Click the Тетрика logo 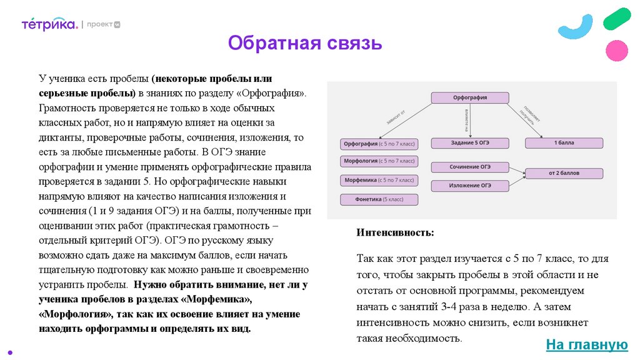click(49, 24)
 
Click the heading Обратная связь click(304, 44)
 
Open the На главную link click(586, 344)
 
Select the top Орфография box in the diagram click(469, 97)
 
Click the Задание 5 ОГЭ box click(470, 143)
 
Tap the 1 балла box click(564, 143)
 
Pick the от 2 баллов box click(564, 172)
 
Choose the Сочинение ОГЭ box click(470, 167)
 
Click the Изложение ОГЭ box click(470, 186)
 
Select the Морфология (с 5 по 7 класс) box click(379, 162)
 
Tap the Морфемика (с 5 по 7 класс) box click(379, 181)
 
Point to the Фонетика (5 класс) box click(379, 200)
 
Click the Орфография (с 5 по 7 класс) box click(379, 144)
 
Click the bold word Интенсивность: click(395, 232)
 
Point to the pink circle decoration click(617, 51)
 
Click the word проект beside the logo click(99, 24)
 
